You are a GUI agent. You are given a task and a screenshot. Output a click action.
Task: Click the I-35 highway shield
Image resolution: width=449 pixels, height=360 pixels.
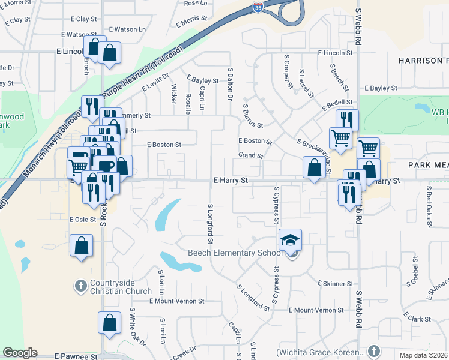click(x=257, y=7)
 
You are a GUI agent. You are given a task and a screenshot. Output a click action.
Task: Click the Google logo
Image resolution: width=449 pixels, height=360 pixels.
click(x=20, y=353)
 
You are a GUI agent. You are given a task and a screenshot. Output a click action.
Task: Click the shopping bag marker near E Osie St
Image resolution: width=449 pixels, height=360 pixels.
click(x=82, y=246)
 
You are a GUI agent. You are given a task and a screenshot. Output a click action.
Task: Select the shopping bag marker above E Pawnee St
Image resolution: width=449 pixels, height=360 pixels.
click(x=109, y=323)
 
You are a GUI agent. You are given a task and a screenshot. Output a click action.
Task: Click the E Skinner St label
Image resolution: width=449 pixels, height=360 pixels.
click(x=335, y=283)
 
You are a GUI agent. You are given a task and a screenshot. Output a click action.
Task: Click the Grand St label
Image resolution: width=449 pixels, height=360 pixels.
click(x=251, y=155)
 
